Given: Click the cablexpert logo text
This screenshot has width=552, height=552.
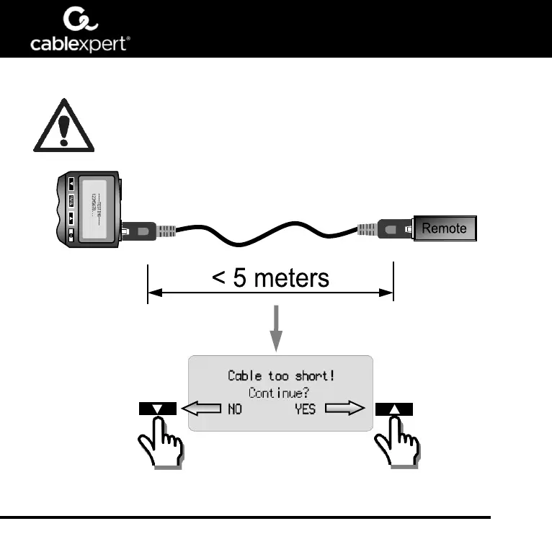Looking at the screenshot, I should (80, 45).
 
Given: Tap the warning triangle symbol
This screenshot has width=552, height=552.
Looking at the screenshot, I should (63, 127).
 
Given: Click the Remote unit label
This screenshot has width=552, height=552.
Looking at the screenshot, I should (444, 228).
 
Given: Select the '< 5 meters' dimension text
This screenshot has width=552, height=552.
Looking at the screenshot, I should (270, 277).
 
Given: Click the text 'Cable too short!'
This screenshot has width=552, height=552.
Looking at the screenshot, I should (280, 375).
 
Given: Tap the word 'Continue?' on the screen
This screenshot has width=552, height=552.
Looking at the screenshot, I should (280, 393).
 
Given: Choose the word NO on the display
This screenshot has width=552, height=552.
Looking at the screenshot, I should (235, 410).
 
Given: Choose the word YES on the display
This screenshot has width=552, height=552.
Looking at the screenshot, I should (305, 410).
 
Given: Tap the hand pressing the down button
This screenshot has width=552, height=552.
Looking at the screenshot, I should (163, 448).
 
